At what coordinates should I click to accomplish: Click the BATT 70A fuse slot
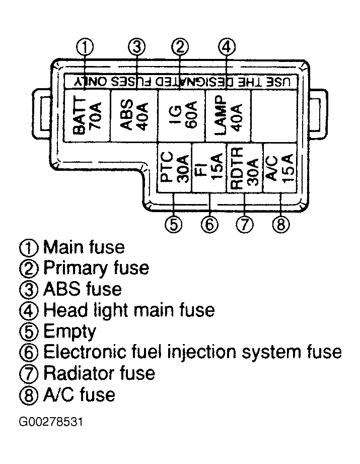pos(87,116)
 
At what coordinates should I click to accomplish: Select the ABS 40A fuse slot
pos(134,116)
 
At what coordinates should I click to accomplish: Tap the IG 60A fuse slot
pos(181,116)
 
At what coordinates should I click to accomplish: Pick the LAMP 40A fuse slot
pos(228,116)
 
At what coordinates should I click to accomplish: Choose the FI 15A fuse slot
pos(209,167)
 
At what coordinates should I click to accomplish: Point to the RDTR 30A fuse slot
pos(245,167)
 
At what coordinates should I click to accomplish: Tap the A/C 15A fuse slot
pos(280,167)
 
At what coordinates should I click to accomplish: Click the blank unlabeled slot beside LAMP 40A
pos(274,116)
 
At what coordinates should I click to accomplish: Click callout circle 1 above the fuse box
pos(85,47)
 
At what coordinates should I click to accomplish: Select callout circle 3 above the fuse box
pos(136,47)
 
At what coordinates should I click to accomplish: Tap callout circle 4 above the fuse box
pos(227,47)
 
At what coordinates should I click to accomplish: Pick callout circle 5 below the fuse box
pos(173,224)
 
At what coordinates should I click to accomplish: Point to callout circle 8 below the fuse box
pos(281,224)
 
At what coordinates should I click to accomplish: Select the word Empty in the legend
pos(69,332)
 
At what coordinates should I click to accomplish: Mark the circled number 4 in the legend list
pos(29,311)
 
